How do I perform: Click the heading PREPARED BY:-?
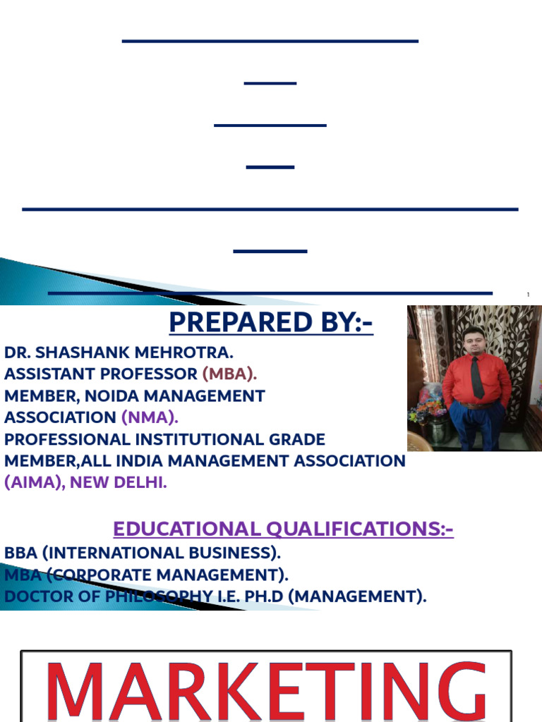pyautogui.click(x=271, y=322)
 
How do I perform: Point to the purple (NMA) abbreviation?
pyautogui.click(x=148, y=417)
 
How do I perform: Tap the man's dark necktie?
pyautogui.click(x=477, y=377)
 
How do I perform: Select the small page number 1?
pyautogui.click(x=528, y=294)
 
